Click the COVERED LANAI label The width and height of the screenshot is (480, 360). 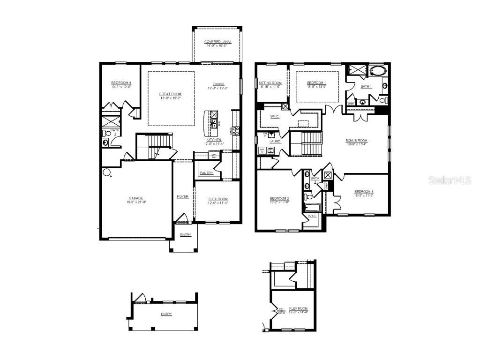coord(217,42)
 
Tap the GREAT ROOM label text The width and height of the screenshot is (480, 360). coord(170,94)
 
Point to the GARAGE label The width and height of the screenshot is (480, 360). coord(136,198)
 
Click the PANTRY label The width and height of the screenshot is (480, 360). coord(206,173)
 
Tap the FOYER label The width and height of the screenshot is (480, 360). coord(182,196)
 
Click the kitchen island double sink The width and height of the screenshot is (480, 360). coord(214,123)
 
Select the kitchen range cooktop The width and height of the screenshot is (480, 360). coord(236,131)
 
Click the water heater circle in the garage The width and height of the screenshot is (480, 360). coord(106,172)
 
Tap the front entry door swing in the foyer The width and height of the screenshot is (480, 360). coord(181,217)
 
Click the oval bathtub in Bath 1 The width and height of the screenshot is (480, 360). coord(376,72)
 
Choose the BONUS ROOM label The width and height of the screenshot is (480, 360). coord(356,140)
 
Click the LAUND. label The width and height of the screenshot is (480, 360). coord(275,141)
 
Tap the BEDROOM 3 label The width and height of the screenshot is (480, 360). coord(363,192)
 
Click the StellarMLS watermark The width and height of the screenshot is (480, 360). coord(449,180)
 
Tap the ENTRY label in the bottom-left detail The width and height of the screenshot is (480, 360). coord(166,314)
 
